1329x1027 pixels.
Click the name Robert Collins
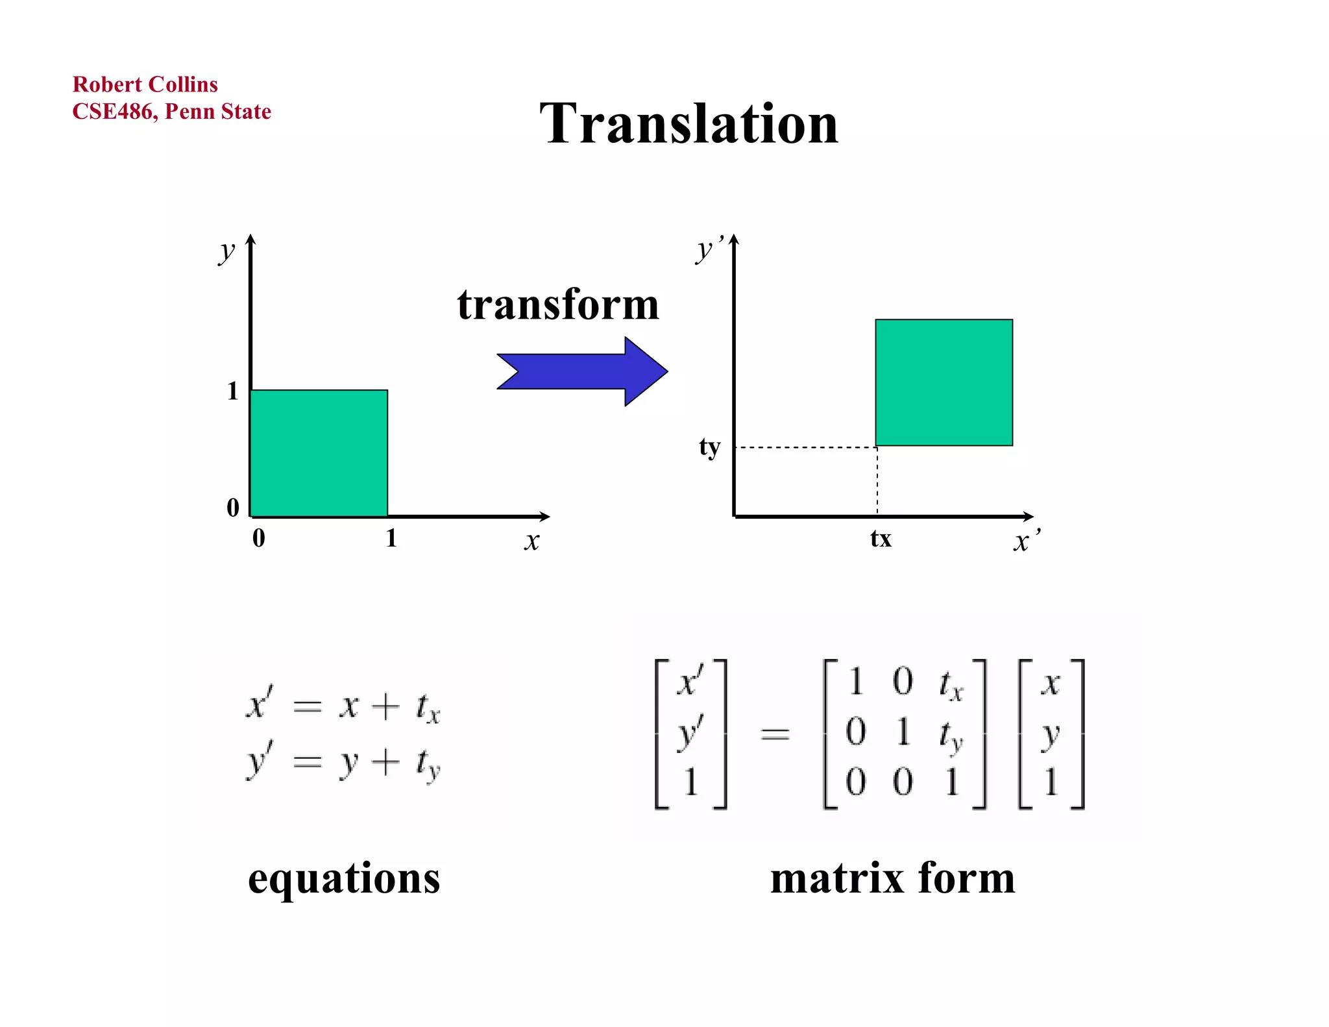[x=145, y=84]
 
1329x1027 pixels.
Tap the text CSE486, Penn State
[x=171, y=112]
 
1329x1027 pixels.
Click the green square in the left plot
[x=319, y=453]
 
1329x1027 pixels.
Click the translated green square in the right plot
[x=944, y=382]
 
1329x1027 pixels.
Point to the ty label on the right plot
[x=710, y=447]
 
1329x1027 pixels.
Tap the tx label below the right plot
[x=881, y=539]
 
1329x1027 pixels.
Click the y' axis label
[x=709, y=249]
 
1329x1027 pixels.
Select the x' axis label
[x=1026, y=540]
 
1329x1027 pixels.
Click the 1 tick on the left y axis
[x=233, y=391]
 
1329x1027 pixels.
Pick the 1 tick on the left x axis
[x=391, y=538]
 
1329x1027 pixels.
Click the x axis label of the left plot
[x=532, y=540]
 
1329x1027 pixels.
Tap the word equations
[x=344, y=878]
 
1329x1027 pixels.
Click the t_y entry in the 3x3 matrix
[x=951, y=736]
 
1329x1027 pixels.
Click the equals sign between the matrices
[x=775, y=734]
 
